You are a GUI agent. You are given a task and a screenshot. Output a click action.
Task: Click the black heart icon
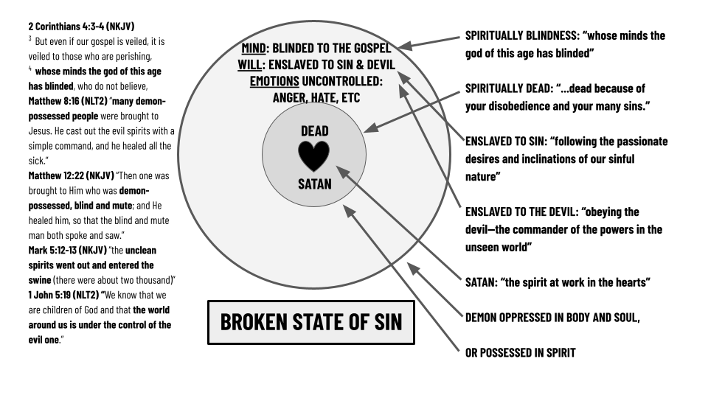point(313,156)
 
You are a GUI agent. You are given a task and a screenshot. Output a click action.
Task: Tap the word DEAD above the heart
point(314,131)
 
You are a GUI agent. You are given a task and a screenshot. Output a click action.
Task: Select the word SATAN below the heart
point(314,184)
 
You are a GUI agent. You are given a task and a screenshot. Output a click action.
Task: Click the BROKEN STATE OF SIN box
point(310,322)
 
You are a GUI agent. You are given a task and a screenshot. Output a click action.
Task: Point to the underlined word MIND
point(254,48)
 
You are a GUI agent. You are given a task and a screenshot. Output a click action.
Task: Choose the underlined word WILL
point(249,64)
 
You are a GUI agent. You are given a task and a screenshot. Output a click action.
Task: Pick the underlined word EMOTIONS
point(274,80)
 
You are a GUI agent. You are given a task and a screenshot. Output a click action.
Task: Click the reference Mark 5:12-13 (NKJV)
point(67,250)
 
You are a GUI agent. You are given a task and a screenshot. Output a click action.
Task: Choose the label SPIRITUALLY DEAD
point(513,88)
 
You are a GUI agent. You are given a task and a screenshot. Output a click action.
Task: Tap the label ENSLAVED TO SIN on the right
point(507,142)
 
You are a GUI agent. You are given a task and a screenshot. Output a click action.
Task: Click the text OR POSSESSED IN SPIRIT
point(521,353)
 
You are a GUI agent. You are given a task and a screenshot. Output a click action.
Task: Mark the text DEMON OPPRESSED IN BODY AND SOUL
point(552,318)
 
